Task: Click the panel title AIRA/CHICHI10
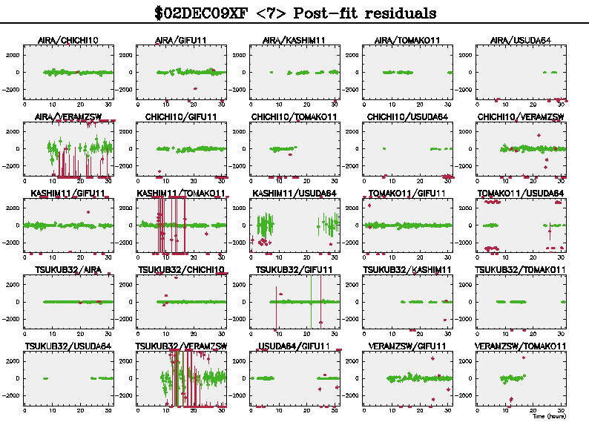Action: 68,40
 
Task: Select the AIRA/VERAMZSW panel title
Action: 68,116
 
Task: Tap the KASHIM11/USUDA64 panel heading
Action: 294,193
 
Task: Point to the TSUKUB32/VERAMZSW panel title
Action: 182,346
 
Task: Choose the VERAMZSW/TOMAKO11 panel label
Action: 521,346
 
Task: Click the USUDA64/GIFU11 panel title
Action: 294,346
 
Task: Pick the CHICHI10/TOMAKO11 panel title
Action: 294,116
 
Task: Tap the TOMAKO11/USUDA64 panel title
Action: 521,193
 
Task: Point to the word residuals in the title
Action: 398,13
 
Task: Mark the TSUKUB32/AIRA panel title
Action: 68,269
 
